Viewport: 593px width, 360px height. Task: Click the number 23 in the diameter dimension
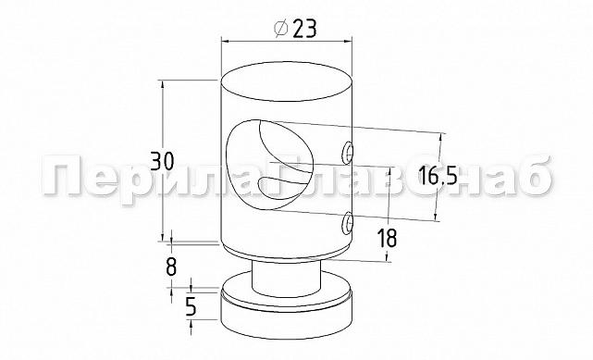(303, 29)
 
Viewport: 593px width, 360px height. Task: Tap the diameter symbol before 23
(280, 29)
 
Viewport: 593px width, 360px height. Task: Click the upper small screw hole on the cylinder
(347, 151)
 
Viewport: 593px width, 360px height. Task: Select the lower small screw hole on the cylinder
(347, 222)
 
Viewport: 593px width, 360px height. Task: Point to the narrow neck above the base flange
(287, 275)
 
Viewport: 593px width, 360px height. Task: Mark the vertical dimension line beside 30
(163, 120)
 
